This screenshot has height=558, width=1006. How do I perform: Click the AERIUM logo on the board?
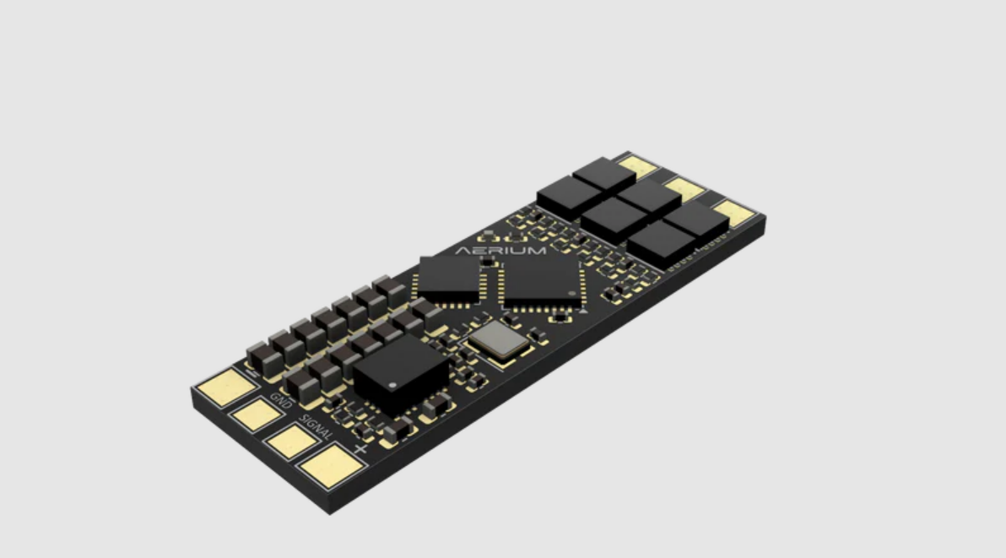(500, 250)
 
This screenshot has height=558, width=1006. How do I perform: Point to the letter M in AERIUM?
(537, 250)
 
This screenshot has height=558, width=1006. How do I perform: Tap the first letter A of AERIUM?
(462, 250)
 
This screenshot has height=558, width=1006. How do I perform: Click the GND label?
(281, 400)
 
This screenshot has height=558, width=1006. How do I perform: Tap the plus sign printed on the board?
(360, 448)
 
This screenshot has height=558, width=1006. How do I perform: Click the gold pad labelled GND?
(257, 414)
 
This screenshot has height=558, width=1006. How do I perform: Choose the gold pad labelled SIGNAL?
(291, 441)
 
